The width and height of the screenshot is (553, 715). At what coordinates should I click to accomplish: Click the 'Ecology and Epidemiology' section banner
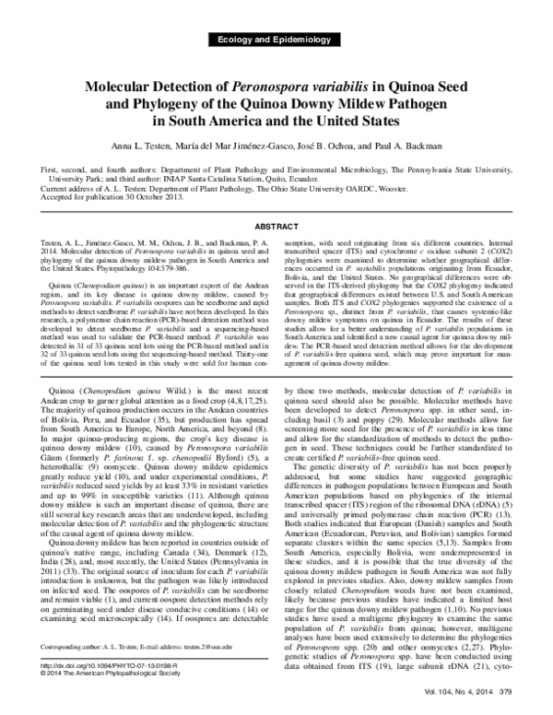point(276,41)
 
